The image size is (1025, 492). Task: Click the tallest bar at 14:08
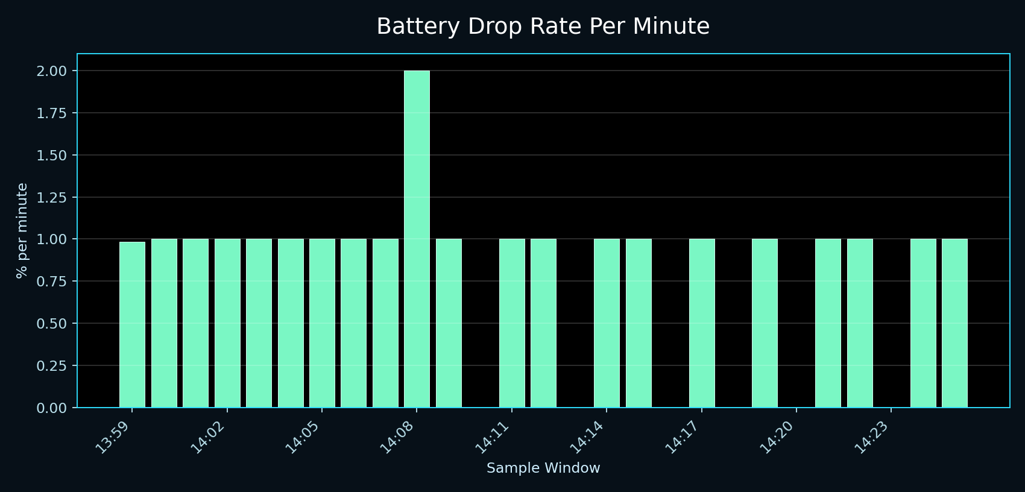click(x=417, y=239)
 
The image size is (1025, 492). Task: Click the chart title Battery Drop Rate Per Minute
click(x=543, y=27)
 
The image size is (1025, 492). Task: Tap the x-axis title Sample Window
click(x=543, y=468)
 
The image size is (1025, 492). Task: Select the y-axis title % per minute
click(x=22, y=230)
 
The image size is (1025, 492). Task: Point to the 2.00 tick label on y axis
click(x=51, y=71)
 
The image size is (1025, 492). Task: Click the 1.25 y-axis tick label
click(x=51, y=197)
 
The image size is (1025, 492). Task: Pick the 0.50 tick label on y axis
click(x=51, y=324)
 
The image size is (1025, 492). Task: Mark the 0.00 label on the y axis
click(x=51, y=408)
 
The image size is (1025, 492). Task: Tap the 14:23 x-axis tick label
click(x=872, y=437)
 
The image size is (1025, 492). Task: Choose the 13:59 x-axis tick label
click(x=113, y=437)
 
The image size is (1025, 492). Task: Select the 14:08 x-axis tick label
click(x=397, y=437)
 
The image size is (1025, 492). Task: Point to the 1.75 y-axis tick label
click(x=51, y=113)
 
